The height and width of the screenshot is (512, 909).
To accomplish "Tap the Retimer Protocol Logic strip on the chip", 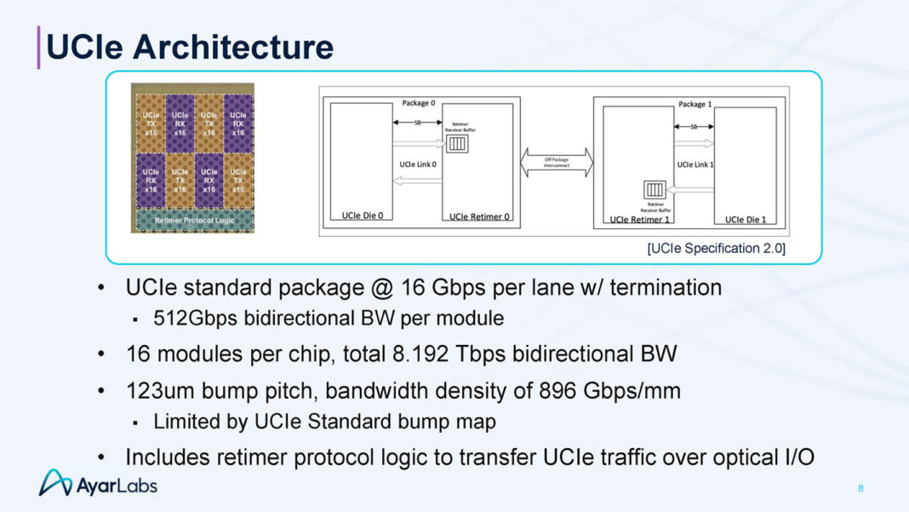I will click(x=195, y=220).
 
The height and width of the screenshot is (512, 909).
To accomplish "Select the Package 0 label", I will click(x=419, y=103).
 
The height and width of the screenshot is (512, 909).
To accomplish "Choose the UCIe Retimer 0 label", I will click(x=479, y=216).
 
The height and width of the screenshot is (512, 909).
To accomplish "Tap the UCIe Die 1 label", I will click(x=745, y=219).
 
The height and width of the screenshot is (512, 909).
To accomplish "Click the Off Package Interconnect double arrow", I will click(x=555, y=162).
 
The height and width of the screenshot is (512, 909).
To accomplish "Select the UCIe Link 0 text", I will click(x=418, y=164).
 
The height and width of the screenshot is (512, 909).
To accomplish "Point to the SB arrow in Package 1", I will click(x=694, y=126).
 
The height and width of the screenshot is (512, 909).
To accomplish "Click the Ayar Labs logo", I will click(x=98, y=483).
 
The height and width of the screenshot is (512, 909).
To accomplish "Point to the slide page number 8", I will click(x=860, y=488).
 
